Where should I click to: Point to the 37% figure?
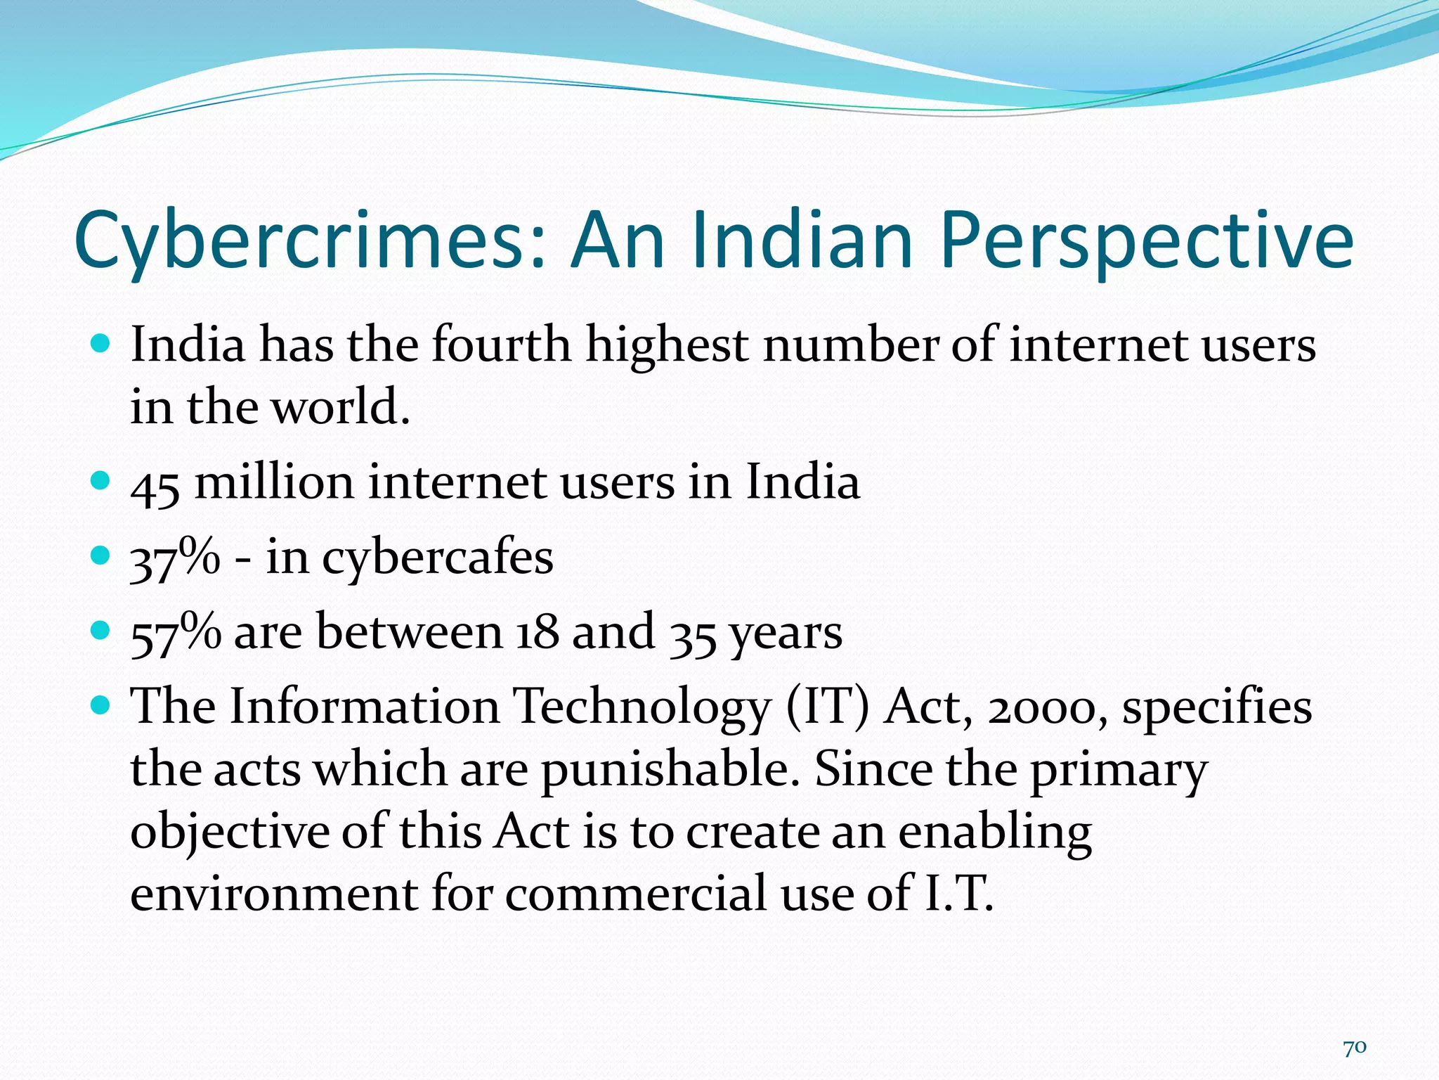(175, 559)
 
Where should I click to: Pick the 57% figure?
(176, 633)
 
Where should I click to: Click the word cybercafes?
(438, 559)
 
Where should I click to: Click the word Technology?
(641, 707)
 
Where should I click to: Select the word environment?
(273, 893)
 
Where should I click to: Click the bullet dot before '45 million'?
(101, 481)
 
